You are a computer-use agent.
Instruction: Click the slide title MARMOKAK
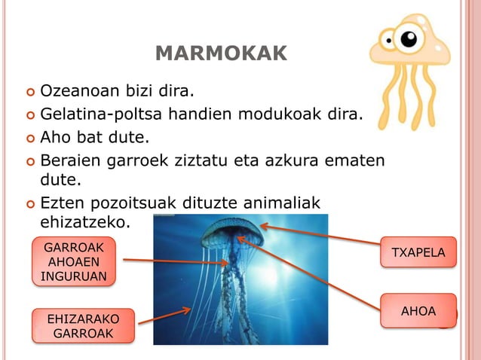tap(221, 53)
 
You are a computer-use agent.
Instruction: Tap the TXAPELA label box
tap(418, 252)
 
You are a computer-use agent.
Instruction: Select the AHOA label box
tap(418, 310)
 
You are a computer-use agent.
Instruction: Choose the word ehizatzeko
tap(85, 222)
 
